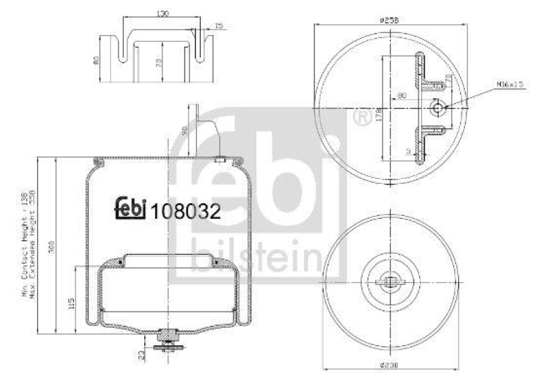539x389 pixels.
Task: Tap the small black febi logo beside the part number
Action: tap(131, 209)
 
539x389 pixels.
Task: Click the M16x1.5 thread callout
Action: tap(511, 84)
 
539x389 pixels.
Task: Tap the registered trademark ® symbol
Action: tap(361, 118)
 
